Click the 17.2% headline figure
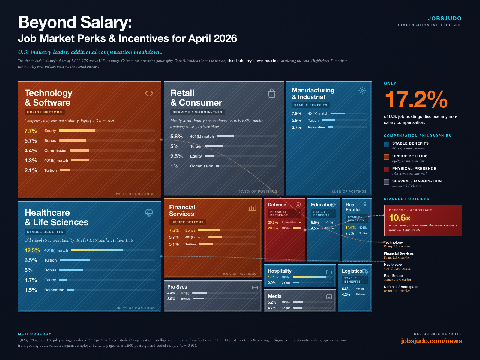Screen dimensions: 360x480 [416, 100]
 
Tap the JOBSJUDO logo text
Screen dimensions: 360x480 [445, 19]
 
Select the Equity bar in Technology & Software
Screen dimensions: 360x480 [77, 130]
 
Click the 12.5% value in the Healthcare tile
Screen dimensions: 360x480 [32, 250]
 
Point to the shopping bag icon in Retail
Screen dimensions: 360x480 [271, 93]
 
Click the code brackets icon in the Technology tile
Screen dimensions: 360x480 [149, 93]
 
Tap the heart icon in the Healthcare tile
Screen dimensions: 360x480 [149, 213]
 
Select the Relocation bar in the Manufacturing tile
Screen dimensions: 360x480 [331, 127]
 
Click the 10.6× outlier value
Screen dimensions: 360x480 [400, 218]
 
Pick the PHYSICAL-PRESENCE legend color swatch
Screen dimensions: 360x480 [387, 169]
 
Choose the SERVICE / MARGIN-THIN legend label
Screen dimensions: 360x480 [417, 181]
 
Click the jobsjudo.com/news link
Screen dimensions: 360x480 [431, 341]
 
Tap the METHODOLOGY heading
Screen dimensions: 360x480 [35, 334]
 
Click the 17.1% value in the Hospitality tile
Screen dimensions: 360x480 [273, 277]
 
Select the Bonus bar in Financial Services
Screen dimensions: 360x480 [209, 230]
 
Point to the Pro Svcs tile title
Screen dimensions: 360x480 [177, 287]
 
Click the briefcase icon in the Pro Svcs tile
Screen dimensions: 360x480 [255, 287]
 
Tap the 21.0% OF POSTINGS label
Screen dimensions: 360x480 [135, 194]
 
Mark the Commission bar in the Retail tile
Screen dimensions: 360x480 [218, 166]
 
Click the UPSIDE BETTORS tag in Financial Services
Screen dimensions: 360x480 [187, 222]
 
